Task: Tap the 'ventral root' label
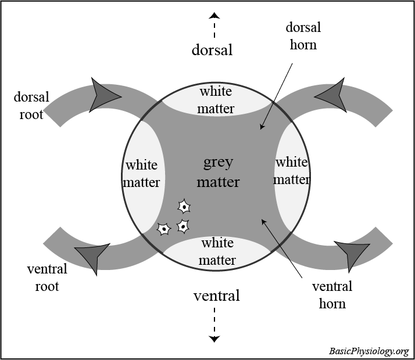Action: [47, 278]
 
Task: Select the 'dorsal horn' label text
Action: [303, 36]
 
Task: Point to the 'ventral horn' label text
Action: [332, 294]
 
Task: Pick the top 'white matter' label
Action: [216, 100]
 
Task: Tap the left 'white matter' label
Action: [142, 174]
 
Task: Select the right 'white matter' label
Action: [291, 171]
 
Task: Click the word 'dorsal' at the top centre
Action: [212, 50]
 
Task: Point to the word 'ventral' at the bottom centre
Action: [216, 296]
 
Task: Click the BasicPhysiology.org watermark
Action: [369, 351]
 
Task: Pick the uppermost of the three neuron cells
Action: [184, 206]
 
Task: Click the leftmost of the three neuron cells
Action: [164, 229]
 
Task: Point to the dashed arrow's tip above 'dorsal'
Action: [214, 15]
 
